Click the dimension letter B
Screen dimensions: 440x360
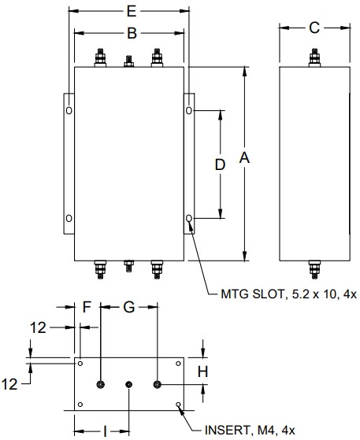click(x=132, y=33)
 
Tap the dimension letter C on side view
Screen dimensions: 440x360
click(x=314, y=28)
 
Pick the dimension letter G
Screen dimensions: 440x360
click(x=128, y=308)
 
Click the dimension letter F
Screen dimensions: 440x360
click(x=87, y=308)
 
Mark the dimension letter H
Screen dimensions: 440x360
click(x=202, y=371)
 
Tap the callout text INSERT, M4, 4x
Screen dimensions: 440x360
click(x=250, y=430)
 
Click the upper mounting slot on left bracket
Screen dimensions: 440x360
click(x=69, y=111)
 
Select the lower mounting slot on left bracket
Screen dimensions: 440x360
click(x=69, y=218)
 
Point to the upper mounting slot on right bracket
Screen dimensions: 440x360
click(x=189, y=111)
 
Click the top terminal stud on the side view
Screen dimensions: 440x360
click(x=314, y=59)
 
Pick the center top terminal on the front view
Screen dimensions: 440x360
click(x=129, y=61)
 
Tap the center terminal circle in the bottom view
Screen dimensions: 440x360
click(x=130, y=383)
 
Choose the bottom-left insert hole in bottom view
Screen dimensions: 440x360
click(x=80, y=405)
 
